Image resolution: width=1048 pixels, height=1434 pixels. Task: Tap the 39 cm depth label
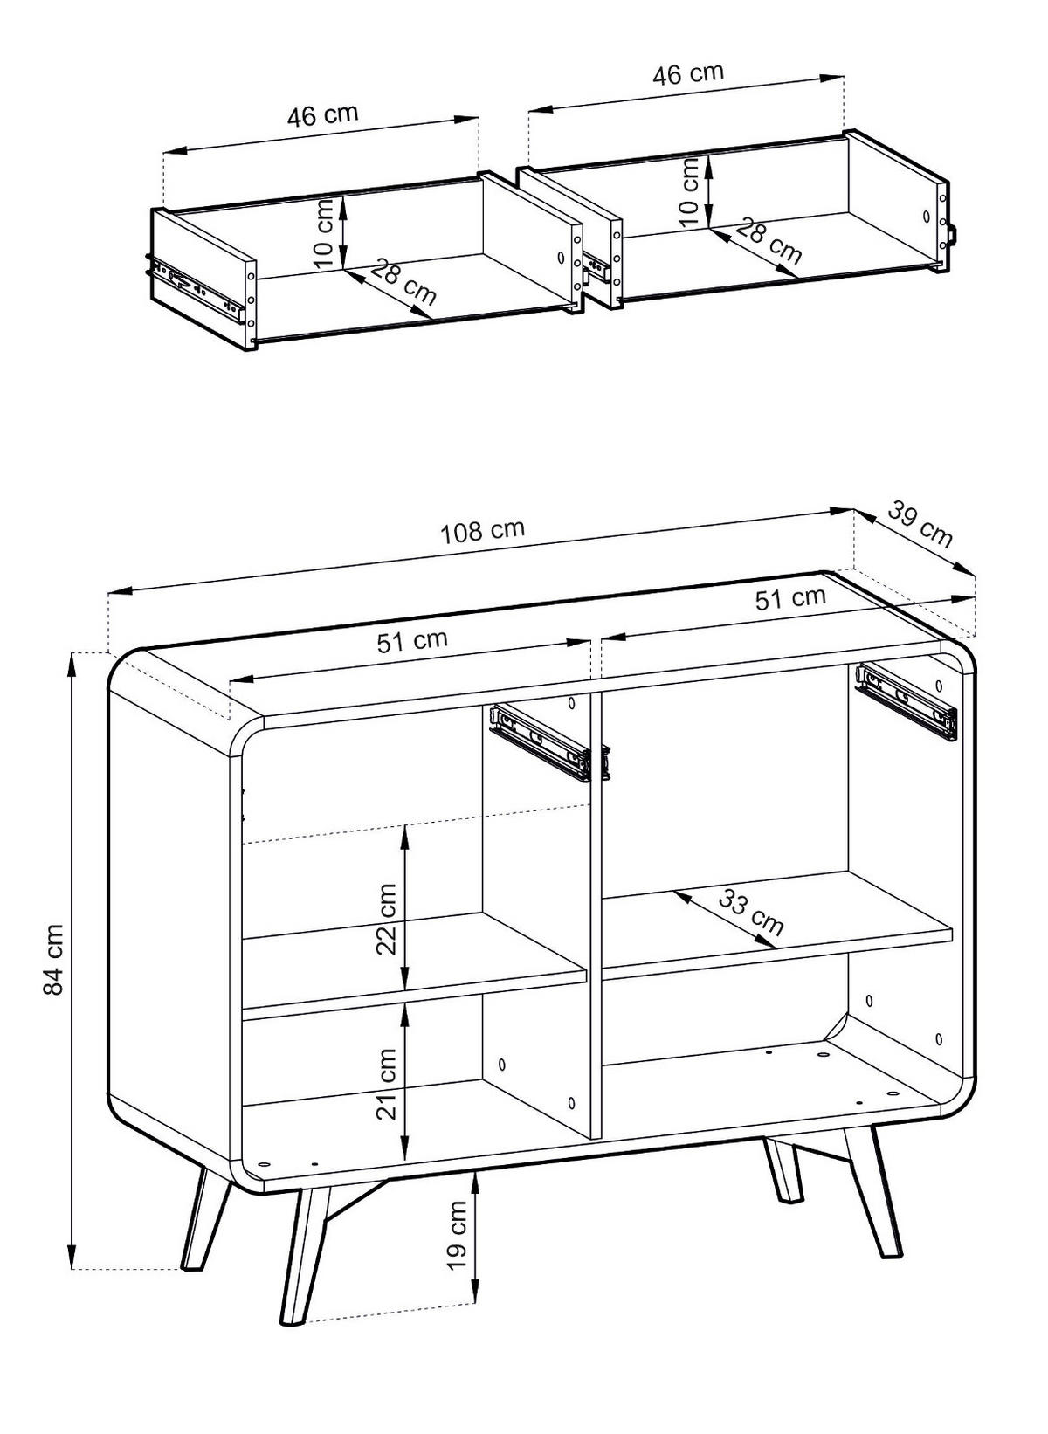[x=920, y=523]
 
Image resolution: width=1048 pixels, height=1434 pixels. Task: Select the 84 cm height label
[x=54, y=959]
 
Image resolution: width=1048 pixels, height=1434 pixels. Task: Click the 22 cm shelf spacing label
[x=386, y=919]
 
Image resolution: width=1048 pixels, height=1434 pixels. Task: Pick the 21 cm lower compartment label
[x=386, y=1083]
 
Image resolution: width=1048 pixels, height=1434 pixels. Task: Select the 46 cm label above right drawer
[x=688, y=73]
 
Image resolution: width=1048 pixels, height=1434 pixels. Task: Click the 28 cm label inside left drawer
[x=402, y=281]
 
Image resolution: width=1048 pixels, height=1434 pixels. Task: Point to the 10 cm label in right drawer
[x=690, y=190]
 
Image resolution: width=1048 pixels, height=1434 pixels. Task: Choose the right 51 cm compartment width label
[x=789, y=599]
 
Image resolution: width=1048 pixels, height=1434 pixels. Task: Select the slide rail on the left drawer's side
[x=196, y=286]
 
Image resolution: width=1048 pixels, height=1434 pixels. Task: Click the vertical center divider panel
[x=596, y=917]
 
